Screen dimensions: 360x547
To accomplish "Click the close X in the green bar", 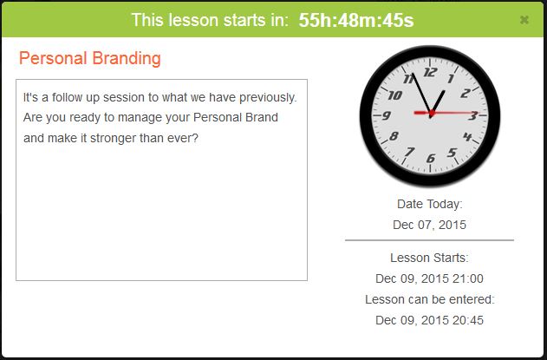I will tap(524, 20).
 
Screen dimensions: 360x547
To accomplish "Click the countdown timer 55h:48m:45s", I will tap(356, 21).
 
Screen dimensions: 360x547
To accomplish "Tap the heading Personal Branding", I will tap(90, 59).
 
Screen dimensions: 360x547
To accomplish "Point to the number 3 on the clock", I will tap(472, 115).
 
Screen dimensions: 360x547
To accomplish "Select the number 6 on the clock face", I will tap(431, 157).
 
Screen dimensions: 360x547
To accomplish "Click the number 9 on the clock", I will tap(387, 115).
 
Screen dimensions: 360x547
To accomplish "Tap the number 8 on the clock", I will tap(394, 137).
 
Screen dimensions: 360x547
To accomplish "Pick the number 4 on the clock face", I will tap(467, 137).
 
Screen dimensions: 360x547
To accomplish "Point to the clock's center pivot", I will tap(430, 115).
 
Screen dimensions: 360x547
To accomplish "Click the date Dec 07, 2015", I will tap(429, 225).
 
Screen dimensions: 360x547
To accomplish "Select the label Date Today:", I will tap(429, 204).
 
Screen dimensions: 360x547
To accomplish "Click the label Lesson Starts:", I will tap(429, 258).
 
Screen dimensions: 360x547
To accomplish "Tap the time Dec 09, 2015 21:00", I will tap(429, 278).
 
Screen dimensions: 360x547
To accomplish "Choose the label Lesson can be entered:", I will tap(429, 299).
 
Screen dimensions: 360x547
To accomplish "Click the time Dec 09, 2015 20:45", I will tap(429, 320).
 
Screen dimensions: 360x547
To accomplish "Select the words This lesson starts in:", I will tap(210, 21).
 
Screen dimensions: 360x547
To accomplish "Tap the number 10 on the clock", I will tap(395, 94).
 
